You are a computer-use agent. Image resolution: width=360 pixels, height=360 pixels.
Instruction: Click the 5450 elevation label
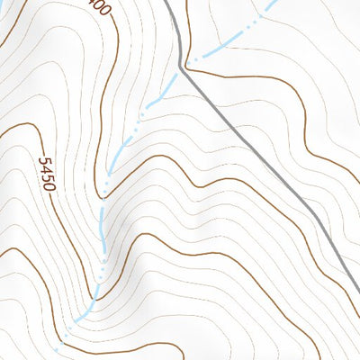tap(48, 174)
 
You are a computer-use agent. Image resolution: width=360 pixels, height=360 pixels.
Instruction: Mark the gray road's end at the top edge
tap(168, 2)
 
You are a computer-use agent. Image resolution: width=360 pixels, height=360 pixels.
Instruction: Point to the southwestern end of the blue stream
tap(57, 346)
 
